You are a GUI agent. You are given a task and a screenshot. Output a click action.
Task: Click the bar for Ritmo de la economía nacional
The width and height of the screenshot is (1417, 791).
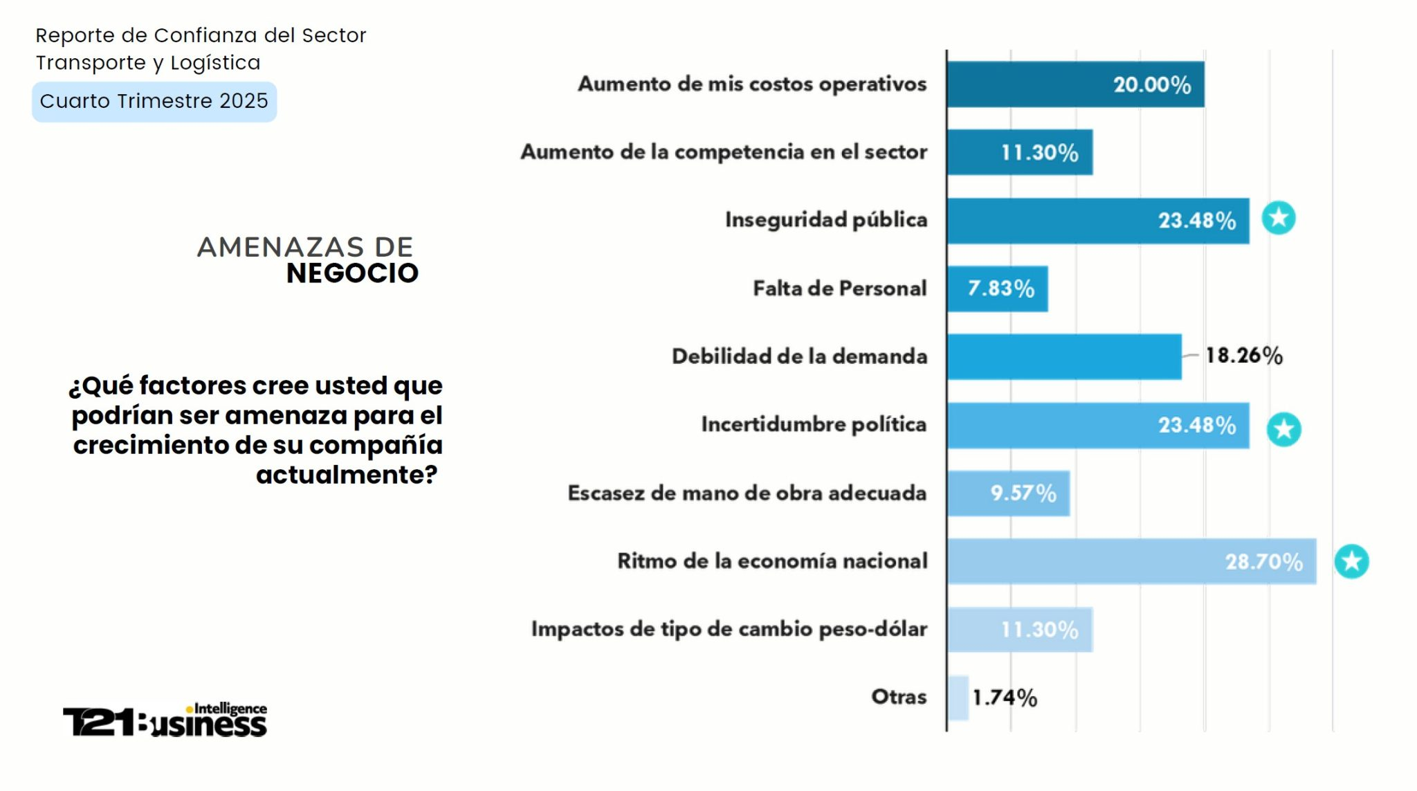click(1132, 561)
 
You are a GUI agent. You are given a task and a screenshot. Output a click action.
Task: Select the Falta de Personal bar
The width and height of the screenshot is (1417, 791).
click(998, 289)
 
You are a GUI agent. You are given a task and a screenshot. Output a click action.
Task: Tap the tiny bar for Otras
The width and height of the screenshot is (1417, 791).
click(958, 698)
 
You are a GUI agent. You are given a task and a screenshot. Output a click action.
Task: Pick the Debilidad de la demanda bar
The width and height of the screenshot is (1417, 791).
click(1065, 356)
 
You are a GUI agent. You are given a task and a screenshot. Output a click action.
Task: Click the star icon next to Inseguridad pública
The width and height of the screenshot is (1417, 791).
click(1278, 218)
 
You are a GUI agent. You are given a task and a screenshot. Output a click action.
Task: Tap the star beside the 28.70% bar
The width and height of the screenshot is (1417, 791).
click(1351, 561)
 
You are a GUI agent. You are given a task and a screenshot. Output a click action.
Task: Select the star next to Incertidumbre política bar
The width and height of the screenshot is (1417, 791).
click(1283, 430)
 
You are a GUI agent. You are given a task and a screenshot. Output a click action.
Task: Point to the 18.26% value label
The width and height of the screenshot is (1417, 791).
click(1244, 356)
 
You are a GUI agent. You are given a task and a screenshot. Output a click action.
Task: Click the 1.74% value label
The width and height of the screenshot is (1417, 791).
click(1005, 698)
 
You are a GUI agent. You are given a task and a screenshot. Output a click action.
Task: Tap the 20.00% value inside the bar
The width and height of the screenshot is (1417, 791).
click(1152, 85)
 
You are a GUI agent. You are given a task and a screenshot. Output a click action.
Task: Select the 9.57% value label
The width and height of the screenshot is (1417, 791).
click(1023, 493)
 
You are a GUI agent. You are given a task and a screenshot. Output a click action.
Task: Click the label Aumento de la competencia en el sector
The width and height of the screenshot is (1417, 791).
click(724, 152)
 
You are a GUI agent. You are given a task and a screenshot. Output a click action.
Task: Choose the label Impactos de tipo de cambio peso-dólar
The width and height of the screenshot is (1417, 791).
click(729, 629)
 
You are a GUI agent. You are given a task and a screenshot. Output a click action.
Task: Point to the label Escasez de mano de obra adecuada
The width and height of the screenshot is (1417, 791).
click(747, 493)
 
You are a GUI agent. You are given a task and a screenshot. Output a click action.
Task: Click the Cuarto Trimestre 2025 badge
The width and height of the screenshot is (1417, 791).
click(154, 102)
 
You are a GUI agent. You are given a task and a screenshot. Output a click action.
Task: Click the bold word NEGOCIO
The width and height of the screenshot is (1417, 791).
click(352, 274)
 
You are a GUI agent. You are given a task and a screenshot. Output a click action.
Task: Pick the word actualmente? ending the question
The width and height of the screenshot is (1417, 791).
click(347, 475)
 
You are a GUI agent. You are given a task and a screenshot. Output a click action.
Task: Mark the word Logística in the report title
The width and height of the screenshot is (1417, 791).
click(215, 63)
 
